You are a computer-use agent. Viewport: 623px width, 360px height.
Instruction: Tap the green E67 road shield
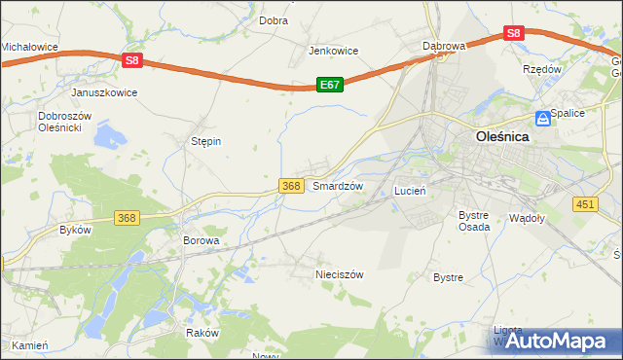(330, 86)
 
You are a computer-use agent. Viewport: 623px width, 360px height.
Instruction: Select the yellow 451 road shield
(585, 203)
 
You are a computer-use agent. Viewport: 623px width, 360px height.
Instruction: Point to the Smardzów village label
(338, 186)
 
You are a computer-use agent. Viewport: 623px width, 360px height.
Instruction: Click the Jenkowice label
(334, 51)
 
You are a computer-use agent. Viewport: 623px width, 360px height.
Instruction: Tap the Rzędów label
(542, 70)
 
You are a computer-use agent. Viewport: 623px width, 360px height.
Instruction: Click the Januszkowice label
(104, 92)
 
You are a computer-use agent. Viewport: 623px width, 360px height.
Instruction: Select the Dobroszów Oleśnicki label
(64, 122)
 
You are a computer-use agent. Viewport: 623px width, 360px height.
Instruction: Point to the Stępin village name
(205, 141)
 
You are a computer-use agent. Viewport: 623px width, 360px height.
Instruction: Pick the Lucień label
(410, 192)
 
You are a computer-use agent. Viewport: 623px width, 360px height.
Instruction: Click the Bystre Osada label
(473, 220)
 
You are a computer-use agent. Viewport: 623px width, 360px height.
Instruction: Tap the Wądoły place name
(527, 218)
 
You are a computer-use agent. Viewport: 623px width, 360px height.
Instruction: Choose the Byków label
(75, 231)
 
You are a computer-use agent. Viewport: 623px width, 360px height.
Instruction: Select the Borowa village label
(202, 239)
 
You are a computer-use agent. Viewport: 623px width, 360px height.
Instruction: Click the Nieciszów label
(339, 274)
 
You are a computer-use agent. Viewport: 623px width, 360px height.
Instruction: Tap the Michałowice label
(29, 46)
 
